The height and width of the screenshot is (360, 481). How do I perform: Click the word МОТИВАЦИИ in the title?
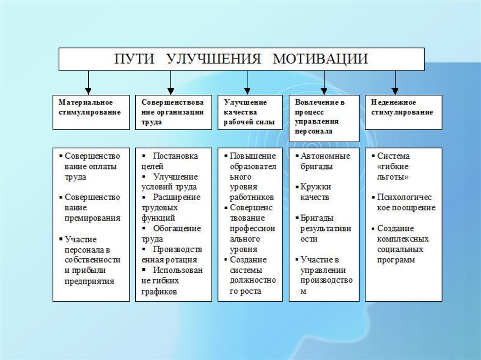[321, 59]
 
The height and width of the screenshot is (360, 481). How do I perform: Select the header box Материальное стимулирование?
[91, 112]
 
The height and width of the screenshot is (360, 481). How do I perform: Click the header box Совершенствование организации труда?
[172, 112]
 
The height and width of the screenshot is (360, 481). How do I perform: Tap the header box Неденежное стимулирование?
[403, 112]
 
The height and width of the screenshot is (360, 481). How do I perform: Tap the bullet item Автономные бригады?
[325, 161]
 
